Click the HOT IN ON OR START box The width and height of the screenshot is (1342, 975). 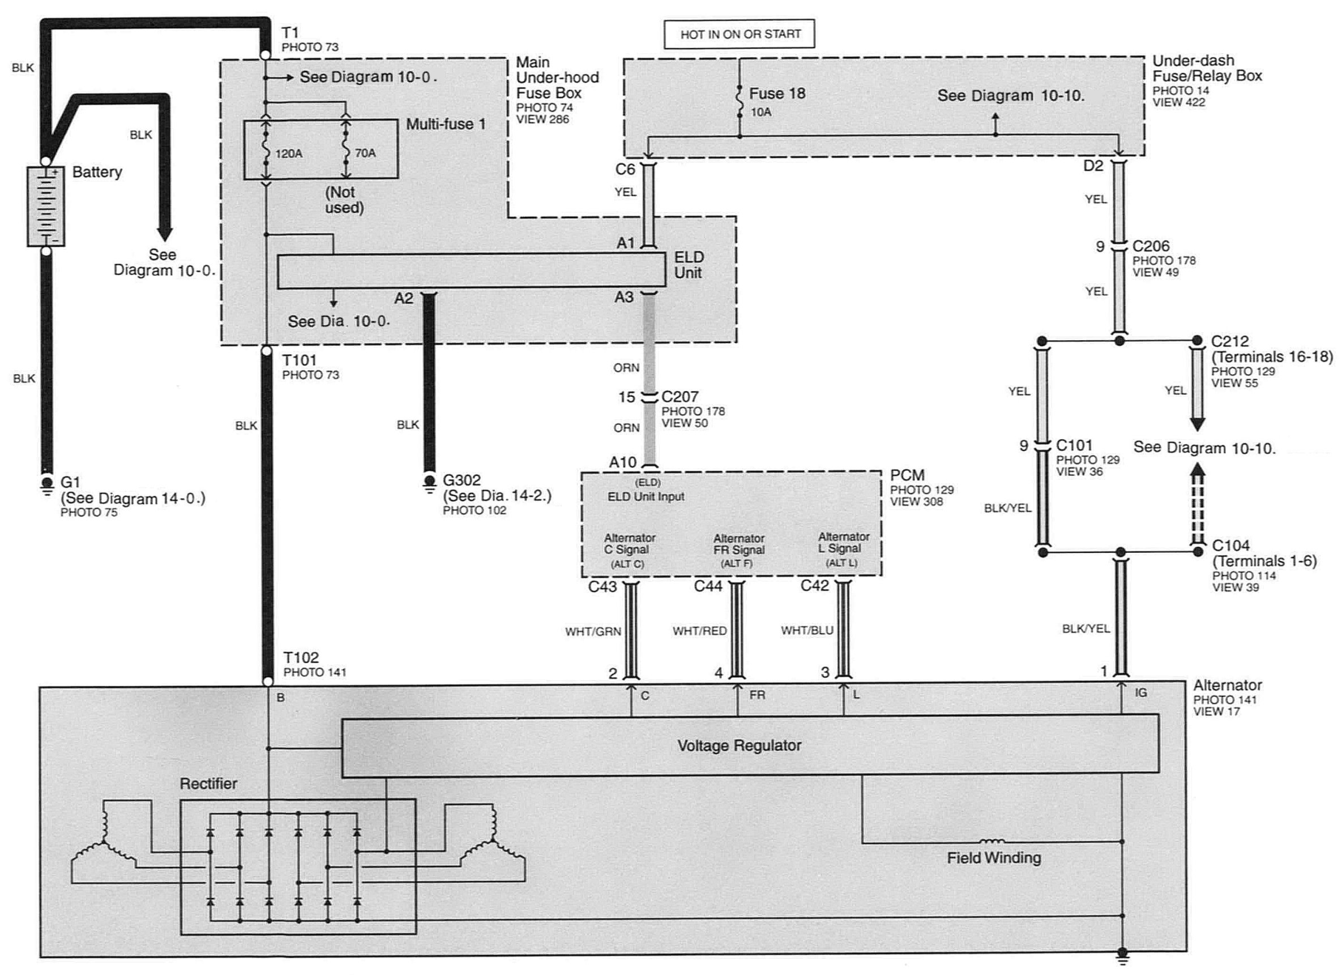(739, 35)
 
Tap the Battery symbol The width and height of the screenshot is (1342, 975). (46, 207)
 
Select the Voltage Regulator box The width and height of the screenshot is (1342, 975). (750, 745)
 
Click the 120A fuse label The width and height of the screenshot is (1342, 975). (288, 154)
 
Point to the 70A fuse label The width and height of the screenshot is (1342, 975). (365, 153)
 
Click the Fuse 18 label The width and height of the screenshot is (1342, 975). (777, 93)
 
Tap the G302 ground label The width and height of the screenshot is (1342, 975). (461, 480)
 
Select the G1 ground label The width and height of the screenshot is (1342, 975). (70, 483)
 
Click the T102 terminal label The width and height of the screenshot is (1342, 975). (301, 658)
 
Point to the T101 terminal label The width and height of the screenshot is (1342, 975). (300, 360)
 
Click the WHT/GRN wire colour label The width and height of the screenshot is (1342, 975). (593, 632)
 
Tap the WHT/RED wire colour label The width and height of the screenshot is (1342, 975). (699, 631)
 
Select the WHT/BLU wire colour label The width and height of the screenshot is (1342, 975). (807, 630)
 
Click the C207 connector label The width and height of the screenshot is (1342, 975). (680, 396)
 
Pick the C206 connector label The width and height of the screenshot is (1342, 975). (1151, 246)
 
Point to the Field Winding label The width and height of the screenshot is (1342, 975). (994, 857)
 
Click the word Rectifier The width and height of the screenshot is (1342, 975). (208, 783)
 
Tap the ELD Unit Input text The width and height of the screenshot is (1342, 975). (646, 497)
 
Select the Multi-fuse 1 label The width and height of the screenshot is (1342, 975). (446, 124)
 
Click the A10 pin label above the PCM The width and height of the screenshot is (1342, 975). (623, 462)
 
